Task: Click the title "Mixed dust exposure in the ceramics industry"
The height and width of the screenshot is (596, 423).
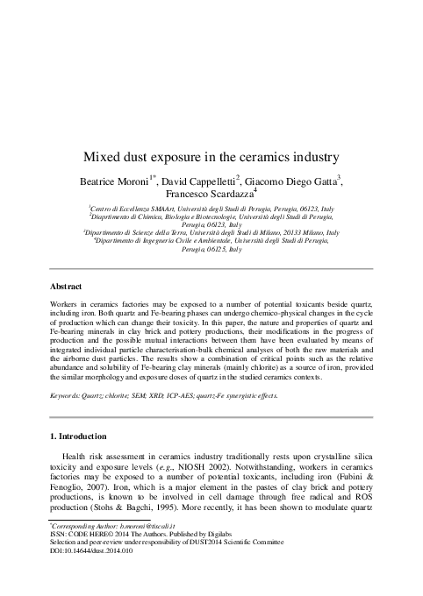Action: [x=211, y=158]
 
